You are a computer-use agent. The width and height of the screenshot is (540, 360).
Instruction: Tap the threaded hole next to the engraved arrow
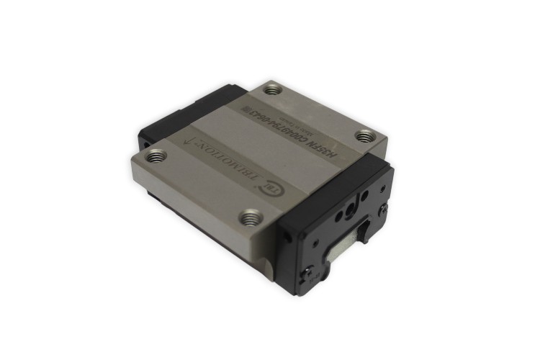pos(156,155)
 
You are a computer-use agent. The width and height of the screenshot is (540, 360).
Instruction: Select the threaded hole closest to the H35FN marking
pos(365,135)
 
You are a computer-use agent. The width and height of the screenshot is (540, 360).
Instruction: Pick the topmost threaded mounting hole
pos(271,90)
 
